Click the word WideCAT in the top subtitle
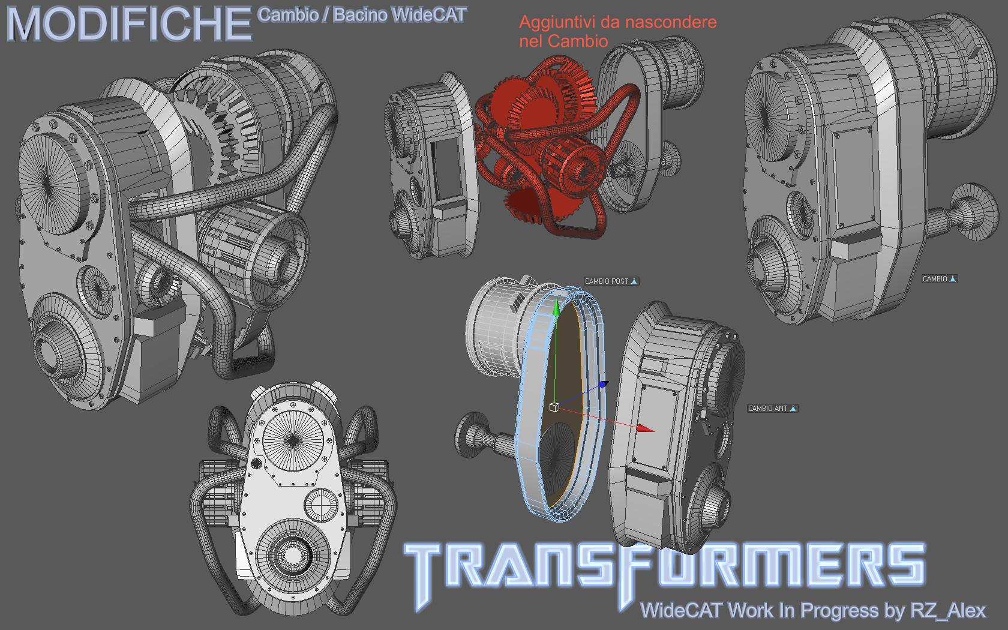point(428,15)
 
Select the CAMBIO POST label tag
point(611,281)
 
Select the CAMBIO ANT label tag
point(772,408)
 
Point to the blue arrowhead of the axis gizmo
point(604,384)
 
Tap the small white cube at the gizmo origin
point(554,407)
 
